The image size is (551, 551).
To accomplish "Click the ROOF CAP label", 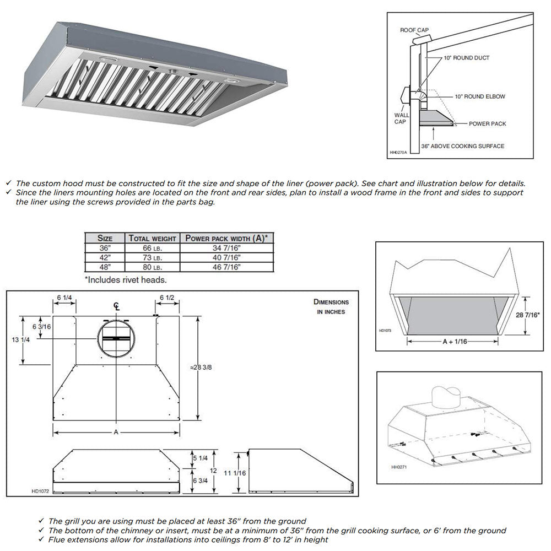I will [x=414, y=30].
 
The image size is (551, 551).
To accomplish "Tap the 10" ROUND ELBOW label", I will [x=479, y=96].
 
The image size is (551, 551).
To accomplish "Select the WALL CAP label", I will [x=402, y=118].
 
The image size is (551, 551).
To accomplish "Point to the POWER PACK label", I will [x=487, y=124].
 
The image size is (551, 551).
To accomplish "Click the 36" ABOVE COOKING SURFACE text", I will [x=462, y=146].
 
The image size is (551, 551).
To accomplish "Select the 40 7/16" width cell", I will [x=227, y=257].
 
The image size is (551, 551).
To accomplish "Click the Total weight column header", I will [x=152, y=238].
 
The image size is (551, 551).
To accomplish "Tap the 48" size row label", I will [x=105, y=267].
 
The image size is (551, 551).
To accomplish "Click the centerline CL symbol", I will [x=116, y=306].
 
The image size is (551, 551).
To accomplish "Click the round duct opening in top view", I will [x=117, y=338].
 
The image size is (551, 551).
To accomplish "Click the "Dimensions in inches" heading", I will [x=331, y=306].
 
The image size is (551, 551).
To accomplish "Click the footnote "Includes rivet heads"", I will [x=126, y=280].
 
